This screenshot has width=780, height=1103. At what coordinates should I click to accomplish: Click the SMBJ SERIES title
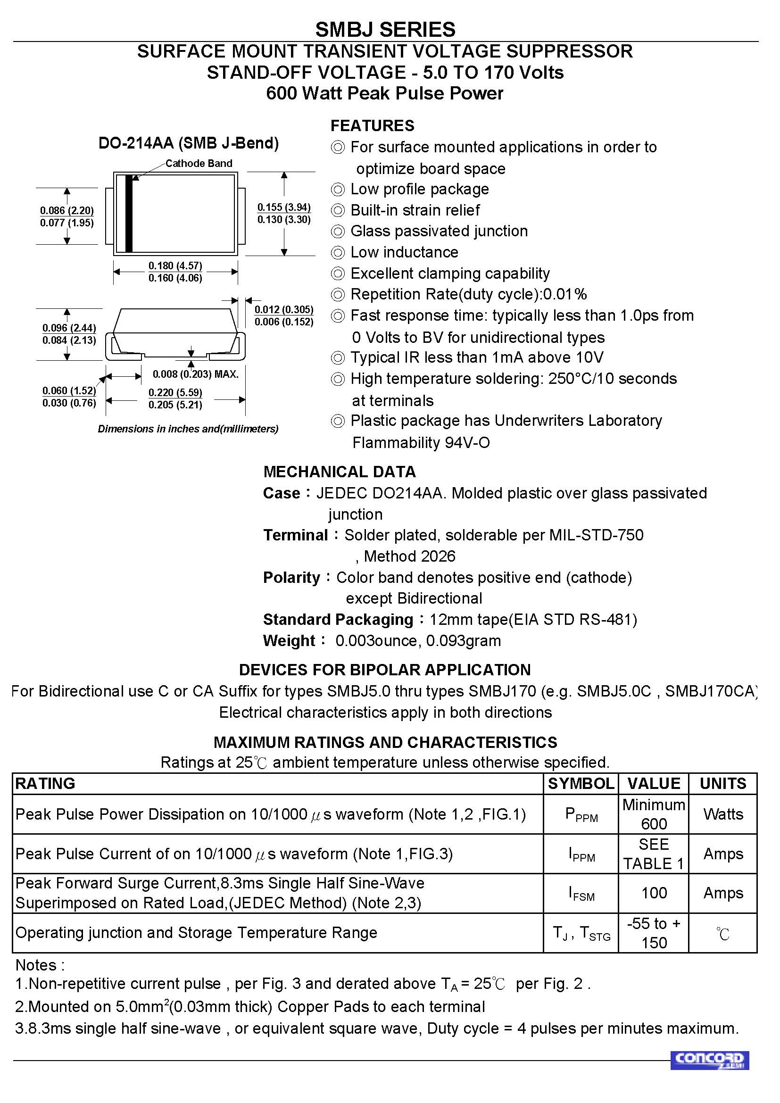pos(385,30)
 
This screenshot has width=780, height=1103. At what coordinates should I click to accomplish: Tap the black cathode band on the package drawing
pos(129,214)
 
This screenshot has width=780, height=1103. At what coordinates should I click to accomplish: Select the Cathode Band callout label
pos(199,163)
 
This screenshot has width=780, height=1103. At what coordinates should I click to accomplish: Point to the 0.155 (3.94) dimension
pos(284,207)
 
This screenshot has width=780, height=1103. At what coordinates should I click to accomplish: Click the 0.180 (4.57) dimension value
pos(175,265)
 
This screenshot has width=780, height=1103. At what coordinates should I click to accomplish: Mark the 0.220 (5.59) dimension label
pos(175,392)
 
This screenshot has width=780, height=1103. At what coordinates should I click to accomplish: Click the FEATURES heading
pos(372,126)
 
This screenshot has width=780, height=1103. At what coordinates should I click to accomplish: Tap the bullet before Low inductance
pos(338,253)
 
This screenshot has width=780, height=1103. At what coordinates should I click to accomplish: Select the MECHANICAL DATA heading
pos(340,472)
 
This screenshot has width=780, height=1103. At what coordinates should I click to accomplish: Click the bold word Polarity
pos(291,578)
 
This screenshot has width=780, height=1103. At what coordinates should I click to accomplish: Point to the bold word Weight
pos(289,641)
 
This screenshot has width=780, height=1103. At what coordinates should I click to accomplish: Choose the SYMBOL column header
pos(581,784)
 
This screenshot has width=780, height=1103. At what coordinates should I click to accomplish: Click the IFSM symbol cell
pos(581,893)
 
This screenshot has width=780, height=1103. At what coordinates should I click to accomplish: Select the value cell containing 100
pos(654,893)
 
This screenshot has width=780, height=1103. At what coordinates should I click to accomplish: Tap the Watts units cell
pos(723,814)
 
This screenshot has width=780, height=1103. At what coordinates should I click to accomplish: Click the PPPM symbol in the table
pos(581,815)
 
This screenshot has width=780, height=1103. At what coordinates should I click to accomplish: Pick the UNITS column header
pos(723,784)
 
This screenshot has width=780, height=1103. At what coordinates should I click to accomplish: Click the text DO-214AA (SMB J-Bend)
pos(189,143)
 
